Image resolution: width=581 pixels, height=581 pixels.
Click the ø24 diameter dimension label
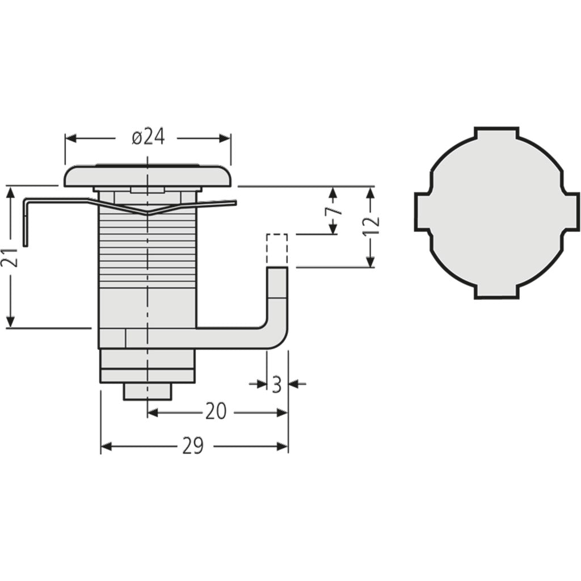148,137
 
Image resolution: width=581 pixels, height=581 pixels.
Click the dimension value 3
276,385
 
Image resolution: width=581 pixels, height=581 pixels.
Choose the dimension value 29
193,447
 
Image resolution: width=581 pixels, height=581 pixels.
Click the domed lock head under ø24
148,176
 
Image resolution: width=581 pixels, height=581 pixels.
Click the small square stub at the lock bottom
148,391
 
